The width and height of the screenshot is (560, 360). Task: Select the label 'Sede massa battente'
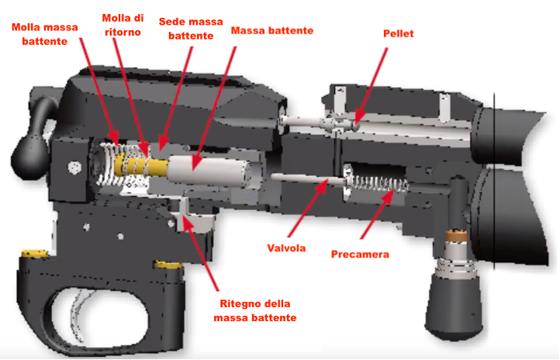pos(185,29)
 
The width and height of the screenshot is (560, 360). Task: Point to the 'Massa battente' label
pos(272,30)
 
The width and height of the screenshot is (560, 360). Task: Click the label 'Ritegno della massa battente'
pos(257,310)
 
